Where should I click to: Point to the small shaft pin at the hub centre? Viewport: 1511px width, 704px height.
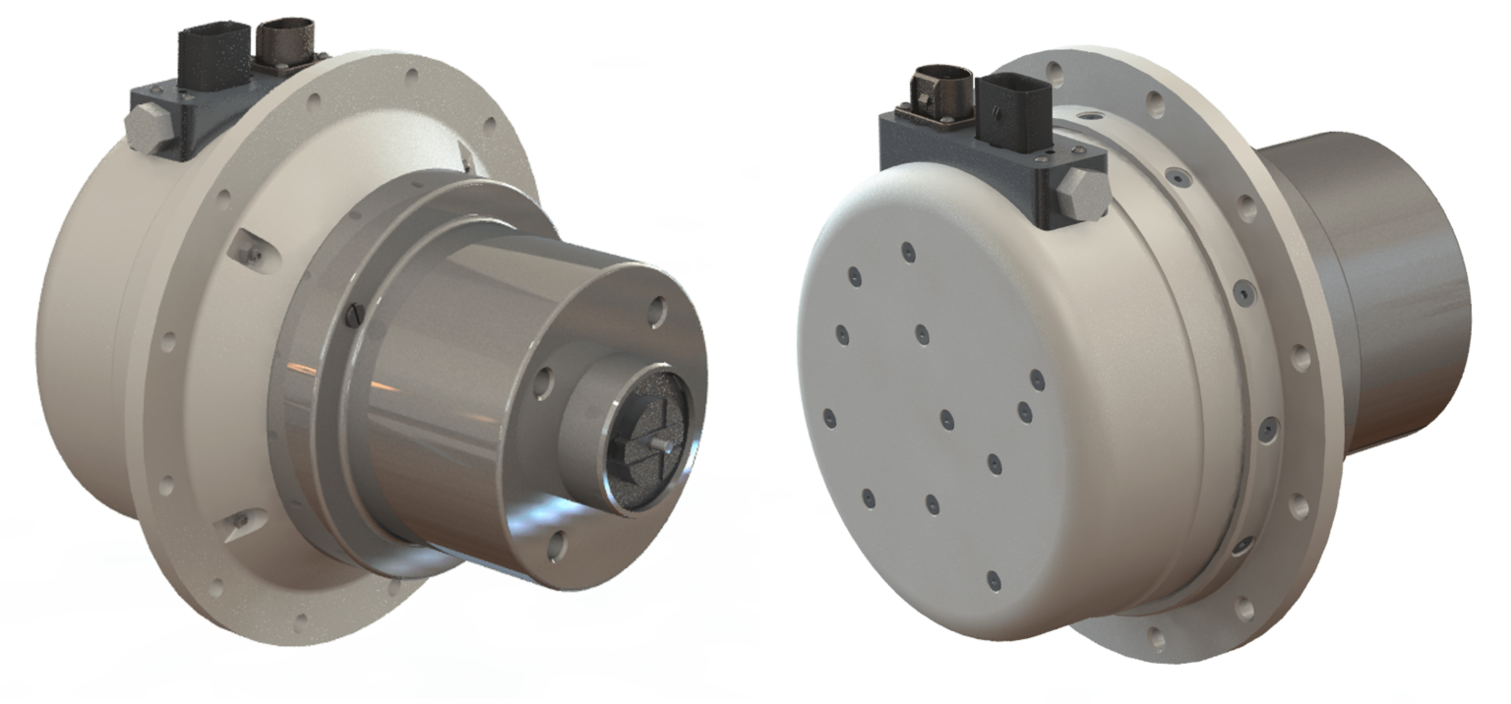point(658,444)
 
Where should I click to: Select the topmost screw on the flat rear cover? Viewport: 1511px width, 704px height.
point(906,252)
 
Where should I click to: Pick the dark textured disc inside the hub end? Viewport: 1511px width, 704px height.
point(644,447)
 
